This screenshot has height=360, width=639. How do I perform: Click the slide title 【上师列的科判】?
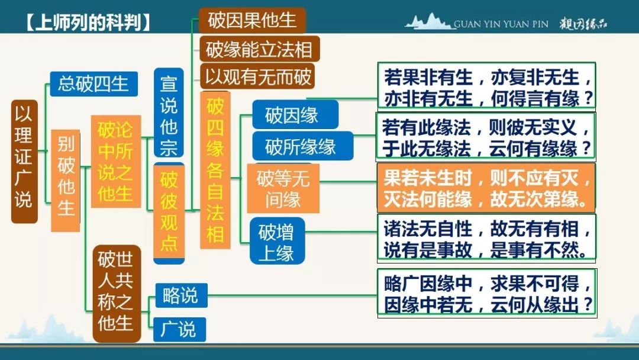click(87, 23)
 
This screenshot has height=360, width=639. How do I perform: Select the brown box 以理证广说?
click(24, 162)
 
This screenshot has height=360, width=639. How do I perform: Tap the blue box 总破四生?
click(93, 84)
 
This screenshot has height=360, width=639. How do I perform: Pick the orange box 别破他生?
click(66, 181)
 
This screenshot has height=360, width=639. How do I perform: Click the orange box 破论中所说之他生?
click(116, 162)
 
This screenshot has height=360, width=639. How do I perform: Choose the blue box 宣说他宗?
click(169, 112)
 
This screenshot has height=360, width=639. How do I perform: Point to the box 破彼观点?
click(169, 213)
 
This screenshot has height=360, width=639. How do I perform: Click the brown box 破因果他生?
click(252, 20)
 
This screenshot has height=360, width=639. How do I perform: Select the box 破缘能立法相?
click(259, 49)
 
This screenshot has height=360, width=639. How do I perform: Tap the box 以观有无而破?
click(257, 76)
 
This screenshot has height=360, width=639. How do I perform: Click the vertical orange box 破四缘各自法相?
click(215, 170)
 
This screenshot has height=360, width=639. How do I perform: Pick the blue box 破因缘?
click(295, 115)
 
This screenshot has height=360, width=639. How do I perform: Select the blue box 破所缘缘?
click(302, 146)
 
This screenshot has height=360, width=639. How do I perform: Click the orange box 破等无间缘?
click(283, 188)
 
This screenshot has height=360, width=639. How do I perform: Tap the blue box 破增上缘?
click(277, 241)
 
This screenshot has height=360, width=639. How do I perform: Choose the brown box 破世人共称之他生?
click(117, 294)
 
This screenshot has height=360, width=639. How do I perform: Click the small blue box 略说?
click(181, 295)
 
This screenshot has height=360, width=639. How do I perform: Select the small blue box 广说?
click(179, 329)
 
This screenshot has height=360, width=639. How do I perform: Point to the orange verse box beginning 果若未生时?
click(486, 188)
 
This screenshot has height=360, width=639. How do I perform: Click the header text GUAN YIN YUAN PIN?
click(501, 24)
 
